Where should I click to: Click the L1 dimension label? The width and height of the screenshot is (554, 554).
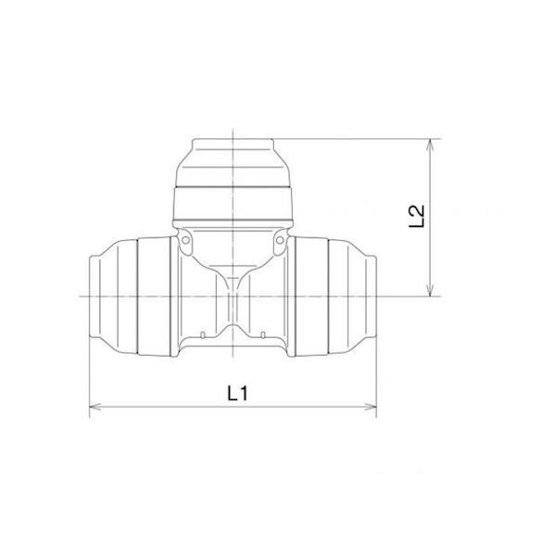236,393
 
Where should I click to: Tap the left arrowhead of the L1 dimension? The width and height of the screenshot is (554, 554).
94,406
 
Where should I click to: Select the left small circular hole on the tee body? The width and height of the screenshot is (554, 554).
185,244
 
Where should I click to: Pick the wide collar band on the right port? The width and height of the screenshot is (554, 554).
312,296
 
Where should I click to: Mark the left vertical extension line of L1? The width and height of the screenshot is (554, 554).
89,371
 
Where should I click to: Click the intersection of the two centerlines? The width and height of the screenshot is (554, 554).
233,296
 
